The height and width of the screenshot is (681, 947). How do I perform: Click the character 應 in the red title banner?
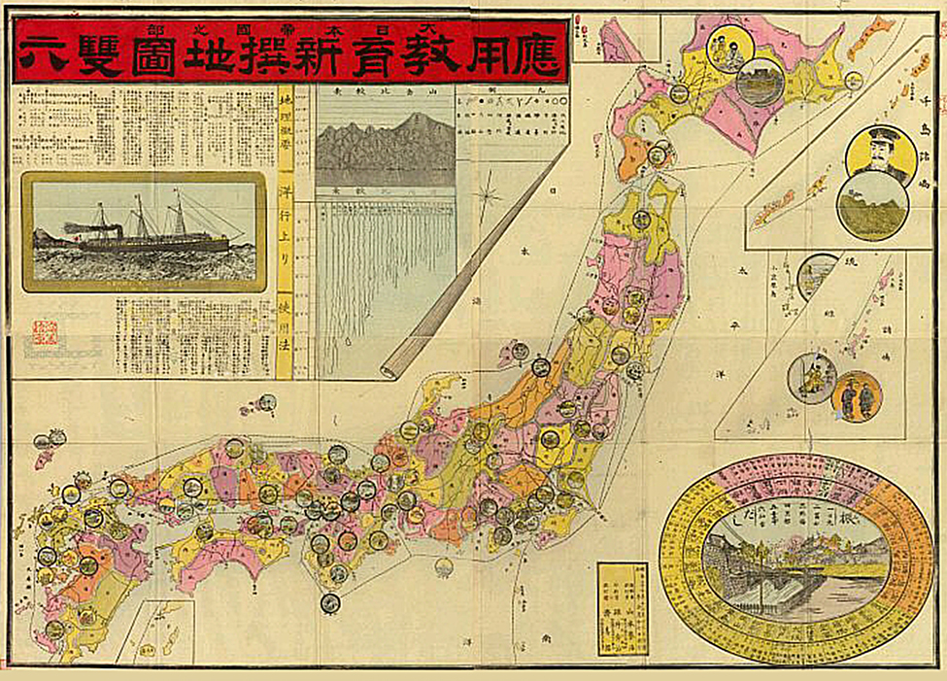532,55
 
